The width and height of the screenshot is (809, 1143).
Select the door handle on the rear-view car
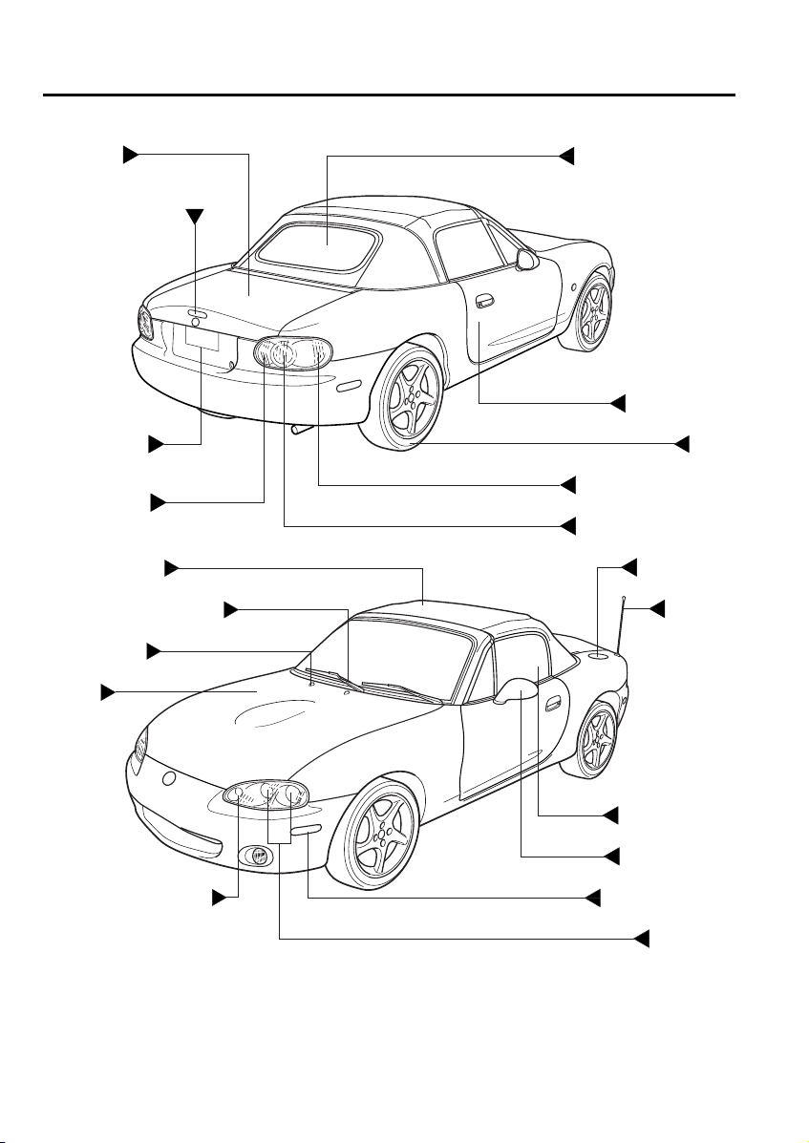[x=484, y=302]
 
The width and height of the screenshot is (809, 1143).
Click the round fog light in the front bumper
[x=257, y=857]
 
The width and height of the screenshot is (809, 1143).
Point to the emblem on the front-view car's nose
[x=169, y=779]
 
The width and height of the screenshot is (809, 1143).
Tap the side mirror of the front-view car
[x=517, y=688]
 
